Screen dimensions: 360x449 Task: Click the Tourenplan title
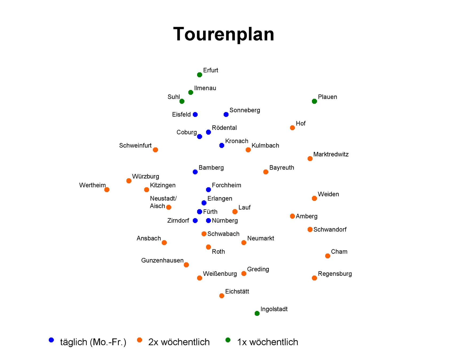click(x=224, y=34)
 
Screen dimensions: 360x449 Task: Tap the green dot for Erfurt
click(x=200, y=75)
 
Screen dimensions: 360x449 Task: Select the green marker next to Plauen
click(x=314, y=101)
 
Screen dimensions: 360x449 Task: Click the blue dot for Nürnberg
click(x=208, y=220)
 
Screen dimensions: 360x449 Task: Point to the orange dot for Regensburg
click(x=314, y=278)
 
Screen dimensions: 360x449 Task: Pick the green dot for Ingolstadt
click(x=257, y=313)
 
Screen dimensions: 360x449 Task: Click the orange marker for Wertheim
click(x=107, y=190)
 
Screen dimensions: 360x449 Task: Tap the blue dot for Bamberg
click(x=195, y=172)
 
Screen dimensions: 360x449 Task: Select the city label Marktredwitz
click(x=331, y=154)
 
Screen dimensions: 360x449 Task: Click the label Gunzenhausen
click(x=162, y=260)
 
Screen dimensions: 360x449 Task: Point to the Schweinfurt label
click(x=135, y=145)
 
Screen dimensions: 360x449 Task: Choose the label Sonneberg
click(x=245, y=110)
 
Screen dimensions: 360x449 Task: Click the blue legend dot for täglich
click(x=51, y=340)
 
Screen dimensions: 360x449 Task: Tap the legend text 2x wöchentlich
click(x=179, y=342)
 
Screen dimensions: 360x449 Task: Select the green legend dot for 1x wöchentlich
click(x=228, y=340)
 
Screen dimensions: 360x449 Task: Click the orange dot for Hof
click(x=292, y=128)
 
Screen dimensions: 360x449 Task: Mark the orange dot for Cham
click(x=328, y=256)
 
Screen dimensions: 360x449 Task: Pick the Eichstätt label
click(x=237, y=291)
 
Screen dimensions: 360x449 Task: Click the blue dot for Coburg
click(x=200, y=137)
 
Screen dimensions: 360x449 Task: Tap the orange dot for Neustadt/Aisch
click(x=169, y=207)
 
